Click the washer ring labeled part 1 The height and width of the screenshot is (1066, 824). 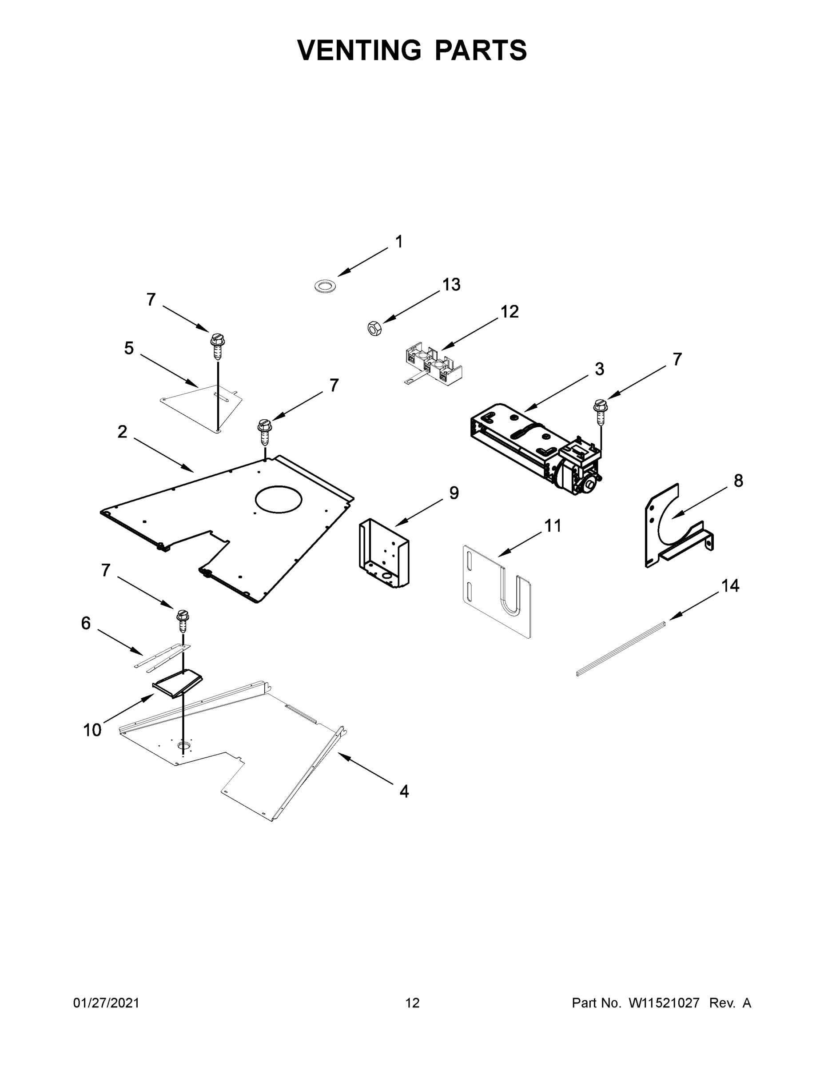(x=325, y=286)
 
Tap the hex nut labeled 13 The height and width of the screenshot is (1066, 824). (x=374, y=328)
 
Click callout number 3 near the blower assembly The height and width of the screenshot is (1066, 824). (x=599, y=370)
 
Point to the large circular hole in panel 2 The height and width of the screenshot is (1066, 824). (x=278, y=499)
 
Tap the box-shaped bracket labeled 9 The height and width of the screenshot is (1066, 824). (x=384, y=553)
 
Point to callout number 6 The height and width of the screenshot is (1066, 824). (x=86, y=623)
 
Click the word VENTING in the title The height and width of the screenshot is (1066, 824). (x=359, y=50)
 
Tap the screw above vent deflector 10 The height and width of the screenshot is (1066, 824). (x=183, y=621)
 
